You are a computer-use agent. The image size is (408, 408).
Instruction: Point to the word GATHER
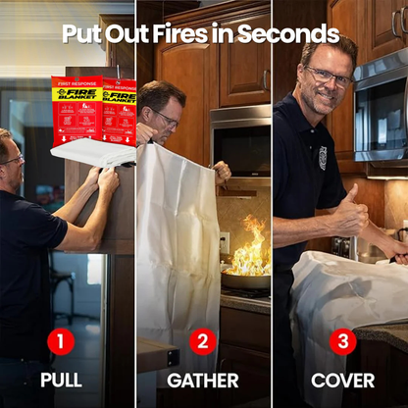click(x=203, y=380)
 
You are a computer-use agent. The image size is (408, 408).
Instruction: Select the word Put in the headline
click(x=81, y=34)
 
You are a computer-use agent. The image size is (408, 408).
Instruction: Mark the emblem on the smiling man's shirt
click(x=323, y=157)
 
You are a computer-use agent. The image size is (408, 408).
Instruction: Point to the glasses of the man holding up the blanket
click(x=167, y=119)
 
